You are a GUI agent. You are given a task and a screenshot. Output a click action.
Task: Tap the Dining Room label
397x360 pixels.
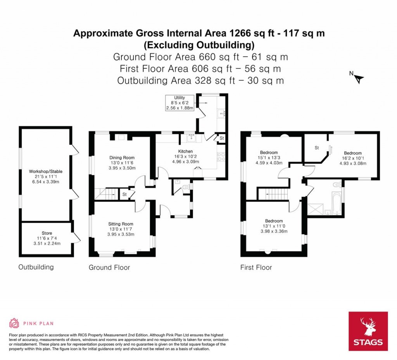click(x=122, y=157)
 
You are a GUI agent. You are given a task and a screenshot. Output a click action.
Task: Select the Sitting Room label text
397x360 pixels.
click(x=120, y=224)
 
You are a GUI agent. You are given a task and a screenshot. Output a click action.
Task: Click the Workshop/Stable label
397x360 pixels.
click(x=45, y=171)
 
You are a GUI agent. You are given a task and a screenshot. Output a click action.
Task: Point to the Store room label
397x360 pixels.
click(x=47, y=233)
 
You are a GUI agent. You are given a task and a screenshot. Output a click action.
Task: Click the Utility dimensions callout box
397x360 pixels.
click(x=180, y=103)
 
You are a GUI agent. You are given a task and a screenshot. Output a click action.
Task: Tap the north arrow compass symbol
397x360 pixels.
click(x=359, y=78)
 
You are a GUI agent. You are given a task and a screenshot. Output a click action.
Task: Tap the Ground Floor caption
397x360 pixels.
click(x=109, y=267)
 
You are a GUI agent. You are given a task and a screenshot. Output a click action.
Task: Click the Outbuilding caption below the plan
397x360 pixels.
click(x=36, y=267)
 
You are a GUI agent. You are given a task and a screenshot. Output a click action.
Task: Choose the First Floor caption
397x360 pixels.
click(x=256, y=267)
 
